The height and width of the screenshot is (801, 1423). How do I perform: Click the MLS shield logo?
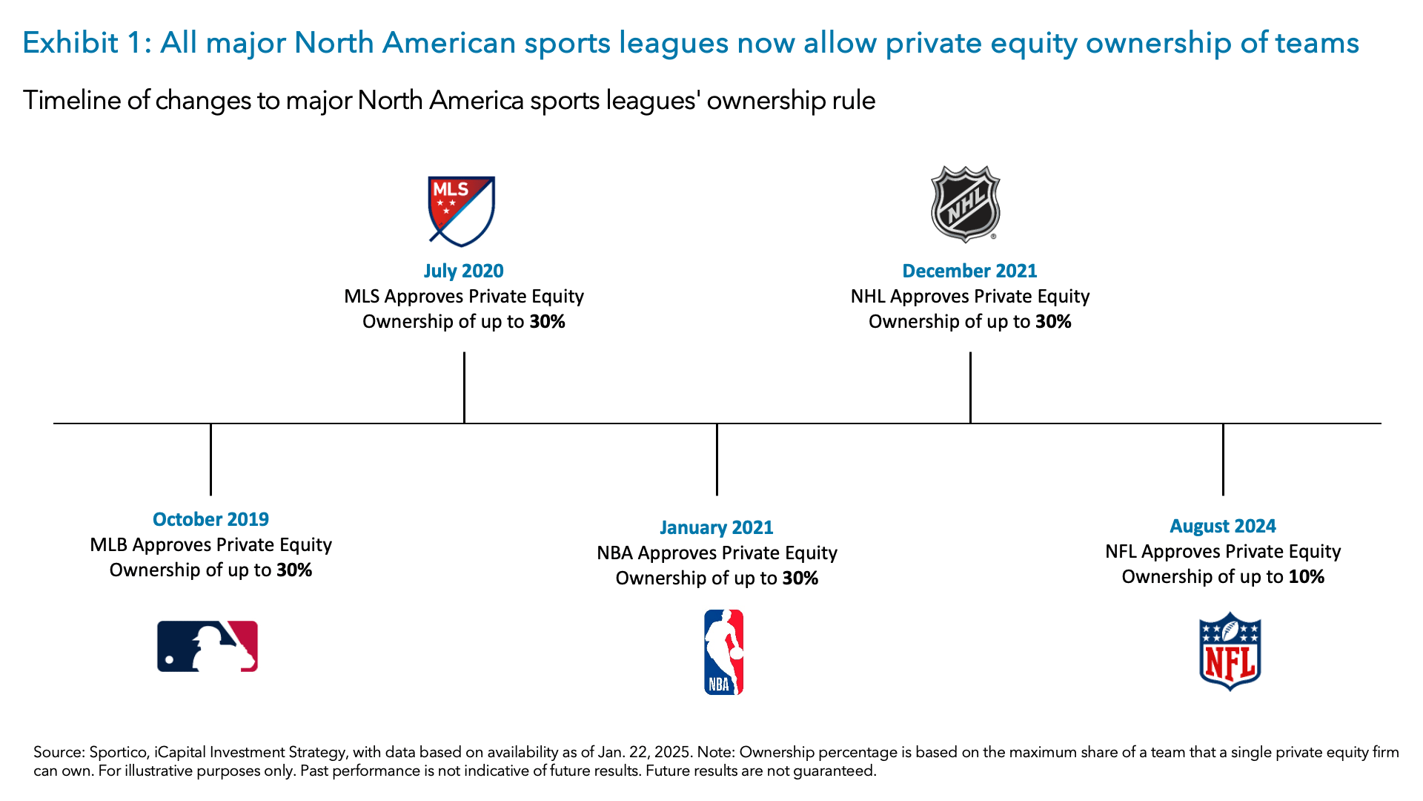tap(461, 211)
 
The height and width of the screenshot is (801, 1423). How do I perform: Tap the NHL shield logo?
tap(965, 204)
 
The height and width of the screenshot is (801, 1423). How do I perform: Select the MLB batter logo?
tap(208, 646)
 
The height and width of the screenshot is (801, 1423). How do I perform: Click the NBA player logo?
tap(723, 652)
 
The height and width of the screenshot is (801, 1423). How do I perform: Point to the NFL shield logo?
tap(1230, 651)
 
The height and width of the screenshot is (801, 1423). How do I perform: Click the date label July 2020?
tap(463, 271)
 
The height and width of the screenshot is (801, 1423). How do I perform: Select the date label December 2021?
tap(969, 271)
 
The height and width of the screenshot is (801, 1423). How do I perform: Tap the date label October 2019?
tap(210, 519)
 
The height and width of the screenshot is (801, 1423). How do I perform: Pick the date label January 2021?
tap(716, 527)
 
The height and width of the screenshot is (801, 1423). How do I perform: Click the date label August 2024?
tap(1222, 526)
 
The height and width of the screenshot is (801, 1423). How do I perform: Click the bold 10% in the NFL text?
tap(1306, 576)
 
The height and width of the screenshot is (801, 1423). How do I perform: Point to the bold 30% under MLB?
tap(294, 570)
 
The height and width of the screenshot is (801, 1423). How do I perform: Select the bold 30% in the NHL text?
tap(1053, 321)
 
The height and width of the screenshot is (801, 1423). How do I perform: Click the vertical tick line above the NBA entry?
tap(717, 460)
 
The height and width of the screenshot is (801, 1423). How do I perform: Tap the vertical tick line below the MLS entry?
tap(464, 387)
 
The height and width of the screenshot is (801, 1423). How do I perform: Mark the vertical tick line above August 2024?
tap(1223, 460)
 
